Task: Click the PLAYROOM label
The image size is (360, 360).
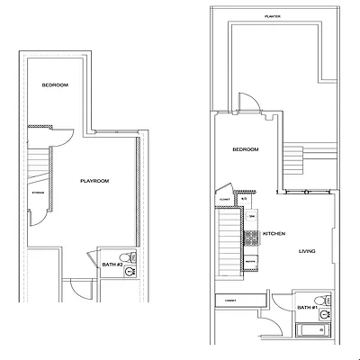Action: point(94,181)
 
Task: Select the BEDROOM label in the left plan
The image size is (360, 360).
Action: point(55,85)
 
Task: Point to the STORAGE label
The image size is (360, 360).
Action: point(39,192)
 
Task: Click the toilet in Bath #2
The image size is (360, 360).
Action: point(132,259)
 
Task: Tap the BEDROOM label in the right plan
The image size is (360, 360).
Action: point(245,148)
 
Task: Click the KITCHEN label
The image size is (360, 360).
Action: point(274,234)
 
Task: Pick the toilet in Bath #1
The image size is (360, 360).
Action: point(322,300)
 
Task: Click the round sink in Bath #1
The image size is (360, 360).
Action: point(324,314)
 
